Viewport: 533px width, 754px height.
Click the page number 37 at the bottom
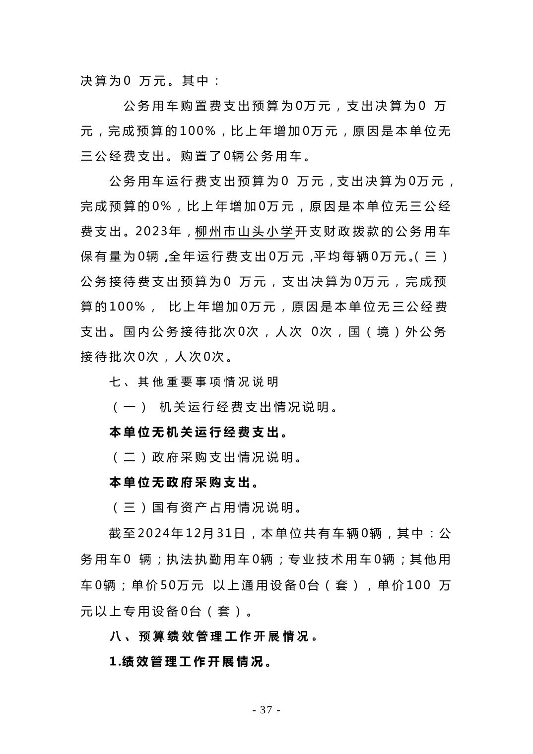[x=266, y=710]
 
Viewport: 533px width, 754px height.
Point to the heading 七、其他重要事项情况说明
[x=194, y=382]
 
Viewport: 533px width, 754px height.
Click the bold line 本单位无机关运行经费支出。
[x=199, y=433]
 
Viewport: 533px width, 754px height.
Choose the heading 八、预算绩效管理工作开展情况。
[x=214, y=636]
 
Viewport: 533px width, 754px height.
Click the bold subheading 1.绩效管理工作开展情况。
[x=191, y=662]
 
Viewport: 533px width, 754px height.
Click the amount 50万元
[x=182, y=585]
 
